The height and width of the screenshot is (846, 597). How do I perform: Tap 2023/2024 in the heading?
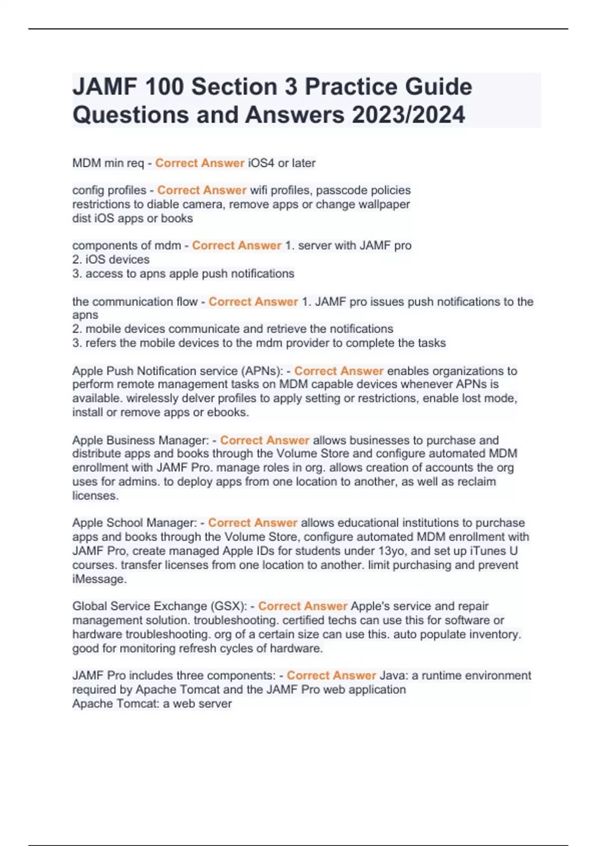(408, 114)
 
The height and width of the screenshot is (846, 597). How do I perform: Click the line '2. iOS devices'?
(111, 259)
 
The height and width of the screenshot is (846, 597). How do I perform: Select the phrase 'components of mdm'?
(126, 245)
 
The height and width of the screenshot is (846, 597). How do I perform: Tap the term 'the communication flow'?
(135, 302)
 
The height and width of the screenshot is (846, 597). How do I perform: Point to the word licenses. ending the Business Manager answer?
(96, 496)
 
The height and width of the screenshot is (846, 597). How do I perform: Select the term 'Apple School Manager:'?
(135, 523)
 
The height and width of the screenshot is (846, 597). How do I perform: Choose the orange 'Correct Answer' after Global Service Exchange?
(302, 606)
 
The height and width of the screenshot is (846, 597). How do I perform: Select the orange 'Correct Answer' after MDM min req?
(199, 163)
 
